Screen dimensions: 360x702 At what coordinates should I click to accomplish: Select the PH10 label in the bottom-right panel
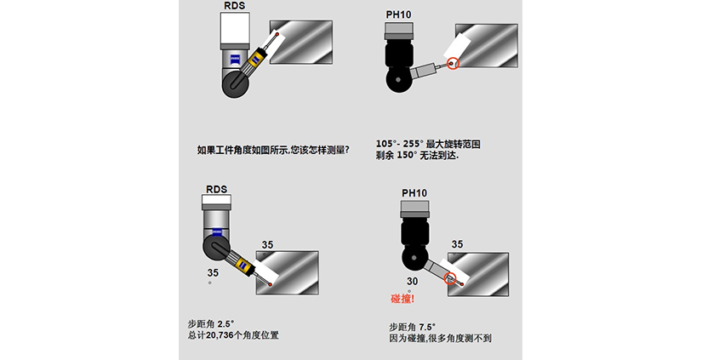pyautogui.click(x=414, y=193)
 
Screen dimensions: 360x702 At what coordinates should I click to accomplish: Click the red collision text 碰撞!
pyautogui.click(x=402, y=299)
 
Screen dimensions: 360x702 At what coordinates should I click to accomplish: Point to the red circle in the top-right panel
pyautogui.click(x=452, y=63)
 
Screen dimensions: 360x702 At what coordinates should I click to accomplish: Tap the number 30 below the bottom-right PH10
pyautogui.click(x=413, y=281)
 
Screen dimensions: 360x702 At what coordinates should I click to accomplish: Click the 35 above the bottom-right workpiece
pyautogui.click(x=458, y=244)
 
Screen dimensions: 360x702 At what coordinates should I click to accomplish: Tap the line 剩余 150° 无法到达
pyautogui.click(x=416, y=156)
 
